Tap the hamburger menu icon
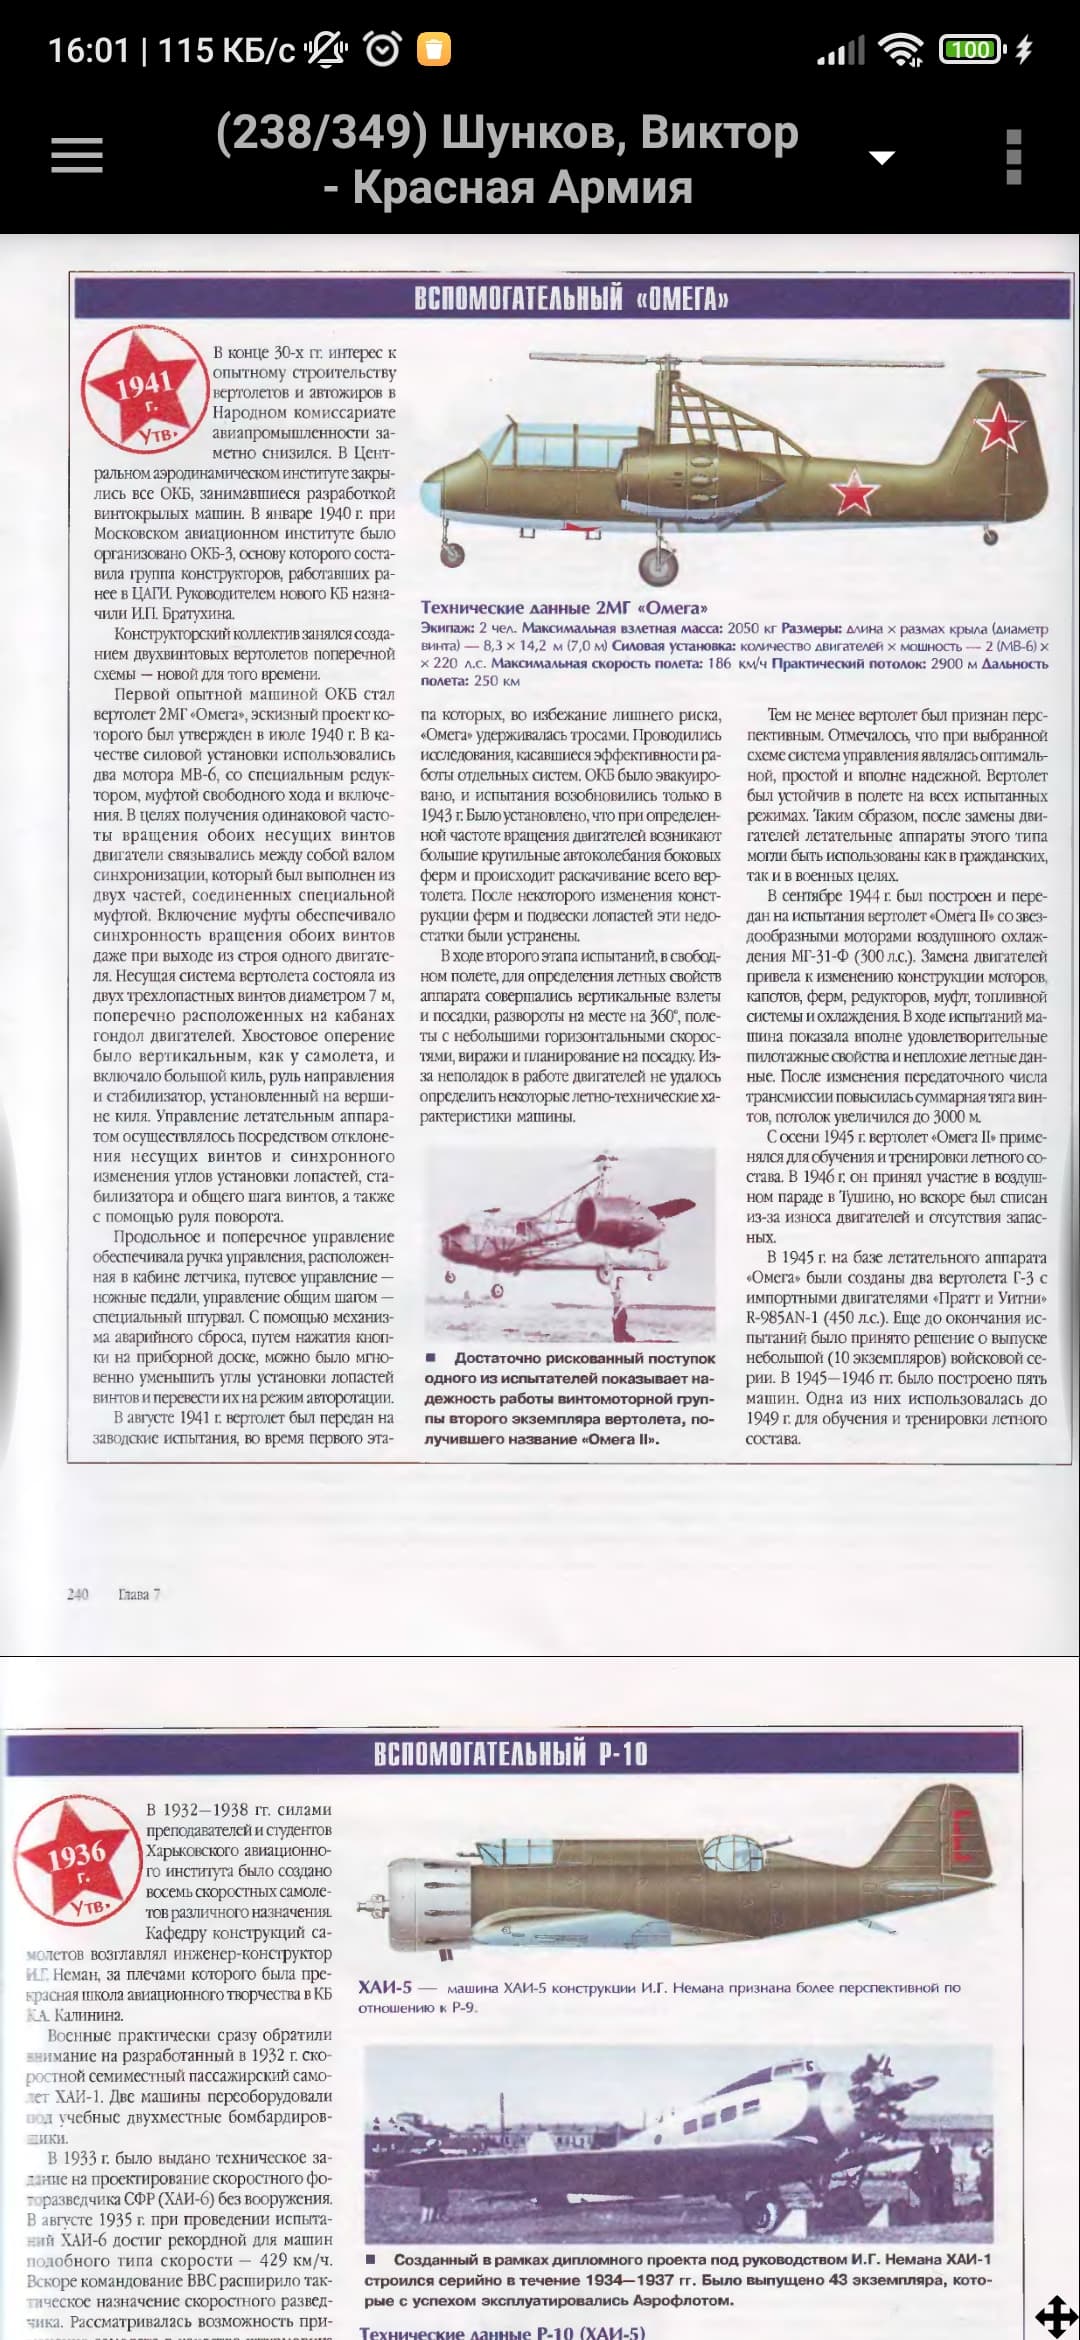[x=77, y=155]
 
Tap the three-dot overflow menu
[x=1013, y=157]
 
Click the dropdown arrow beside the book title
[x=881, y=158]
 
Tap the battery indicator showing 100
[x=970, y=49]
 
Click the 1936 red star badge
[x=77, y=1861]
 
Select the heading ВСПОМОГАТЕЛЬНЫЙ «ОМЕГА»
[x=571, y=298]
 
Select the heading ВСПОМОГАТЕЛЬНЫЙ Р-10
[x=511, y=1754]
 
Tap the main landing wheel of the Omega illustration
[x=658, y=564]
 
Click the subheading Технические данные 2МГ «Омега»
[x=564, y=607]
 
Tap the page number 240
[x=77, y=1594]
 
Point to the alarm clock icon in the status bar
[x=383, y=49]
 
